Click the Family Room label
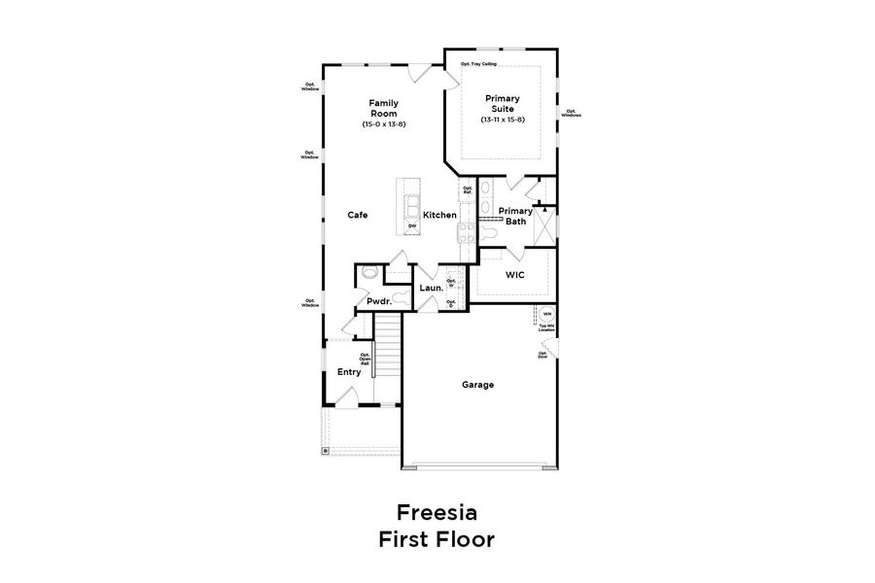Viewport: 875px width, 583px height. (383, 108)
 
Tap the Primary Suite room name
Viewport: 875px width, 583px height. (502, 103)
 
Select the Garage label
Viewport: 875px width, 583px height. (477, 385)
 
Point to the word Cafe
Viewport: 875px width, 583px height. (358, 215)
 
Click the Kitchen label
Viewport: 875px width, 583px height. (439, 215)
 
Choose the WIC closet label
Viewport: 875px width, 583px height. (514, 275)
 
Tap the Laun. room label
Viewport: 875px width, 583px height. (431, 288)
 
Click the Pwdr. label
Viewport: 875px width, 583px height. (378, 301)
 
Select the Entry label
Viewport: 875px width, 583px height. (349, 372)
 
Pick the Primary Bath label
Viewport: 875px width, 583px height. (515, 216)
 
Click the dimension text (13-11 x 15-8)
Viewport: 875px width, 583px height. (502, 120)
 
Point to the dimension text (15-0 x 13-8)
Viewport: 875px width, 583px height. (383, 124)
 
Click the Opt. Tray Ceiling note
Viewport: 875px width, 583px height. (478, 65)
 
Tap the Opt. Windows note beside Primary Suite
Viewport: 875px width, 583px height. (571, 113)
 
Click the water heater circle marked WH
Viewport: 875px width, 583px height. (546, 314)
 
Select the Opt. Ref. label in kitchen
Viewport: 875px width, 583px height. (467, 189)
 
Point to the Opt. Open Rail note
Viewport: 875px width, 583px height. (366, 359)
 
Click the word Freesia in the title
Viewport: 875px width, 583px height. (437, 512)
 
